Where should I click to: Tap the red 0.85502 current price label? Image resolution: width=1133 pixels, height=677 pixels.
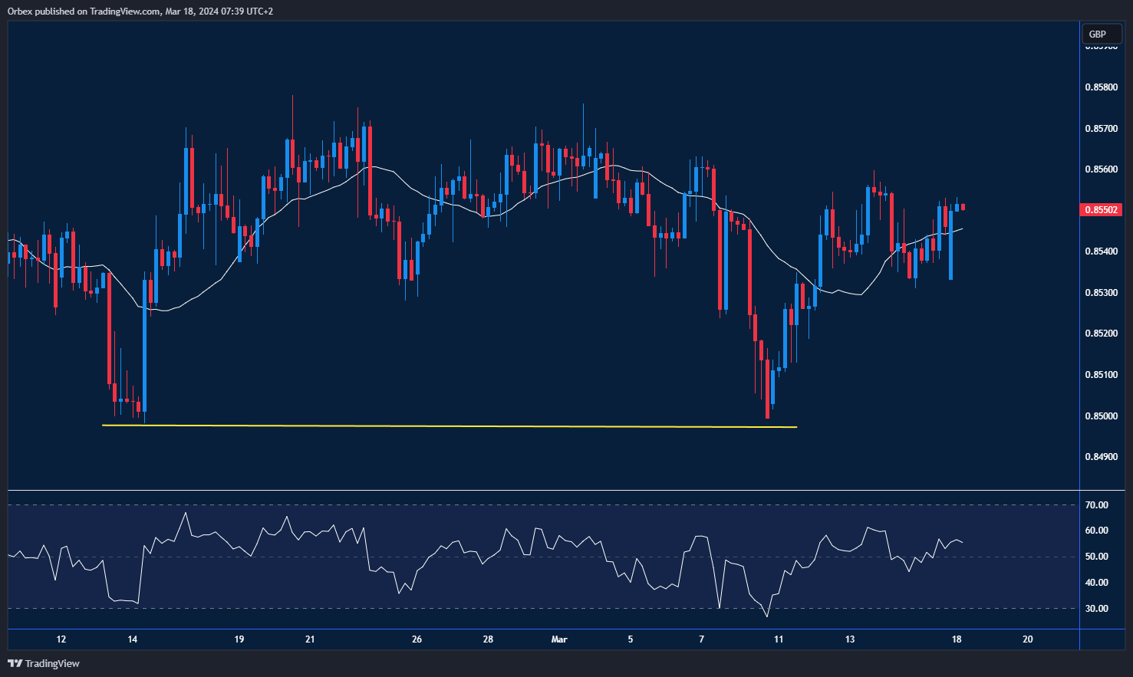(x=1101, y=209)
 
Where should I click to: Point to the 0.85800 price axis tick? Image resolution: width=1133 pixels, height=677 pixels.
(x=1101, y=87)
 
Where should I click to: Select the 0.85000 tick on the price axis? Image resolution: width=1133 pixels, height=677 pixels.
(x=1101, y=416)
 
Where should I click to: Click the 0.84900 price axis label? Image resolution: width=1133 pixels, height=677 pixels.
(x=1101, y=457)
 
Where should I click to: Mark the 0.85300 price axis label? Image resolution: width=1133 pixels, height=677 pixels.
(x=1101, y=293)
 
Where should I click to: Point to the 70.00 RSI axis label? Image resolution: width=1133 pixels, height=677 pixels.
(x=1096, y=505)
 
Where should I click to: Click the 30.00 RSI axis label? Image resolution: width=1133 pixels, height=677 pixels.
(x=1096, y=609)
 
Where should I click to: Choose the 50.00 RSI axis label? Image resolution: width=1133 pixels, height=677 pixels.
(x=1096, y=557)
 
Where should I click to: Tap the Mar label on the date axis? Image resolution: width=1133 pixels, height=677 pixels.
(x=559, y=639)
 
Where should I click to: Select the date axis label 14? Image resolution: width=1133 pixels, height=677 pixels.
(x=133, y=639)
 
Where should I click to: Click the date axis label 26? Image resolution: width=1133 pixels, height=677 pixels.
(x=417, y=639)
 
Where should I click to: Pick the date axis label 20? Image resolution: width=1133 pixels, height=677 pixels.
(x=1028, y=639)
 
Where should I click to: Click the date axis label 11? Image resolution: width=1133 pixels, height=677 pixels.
(x=779, y=639)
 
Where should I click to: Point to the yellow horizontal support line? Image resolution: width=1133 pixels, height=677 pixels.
(x=450, y=426)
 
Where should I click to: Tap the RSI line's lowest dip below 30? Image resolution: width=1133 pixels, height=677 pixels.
(x=766, y=616)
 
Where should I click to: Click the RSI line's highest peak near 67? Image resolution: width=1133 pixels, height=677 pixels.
(x=186, y=513)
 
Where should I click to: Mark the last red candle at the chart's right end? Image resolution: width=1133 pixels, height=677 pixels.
(x=963, y=207)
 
